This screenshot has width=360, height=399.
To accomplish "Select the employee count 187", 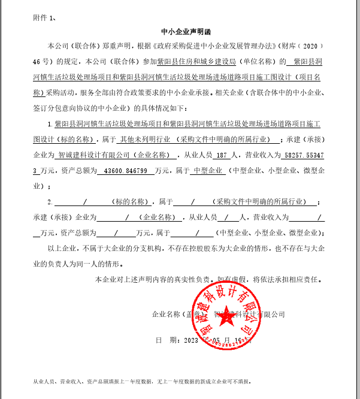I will (x=221, y=155).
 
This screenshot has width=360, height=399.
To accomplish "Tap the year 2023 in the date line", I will (x=191, y=340).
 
